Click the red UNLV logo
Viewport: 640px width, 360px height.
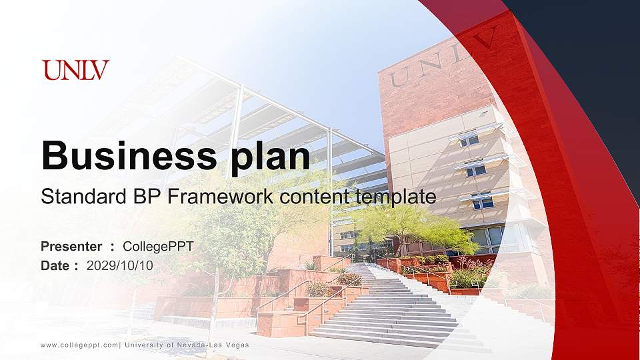pyautogui.click(x=75, y=70)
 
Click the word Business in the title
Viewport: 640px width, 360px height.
pyautogui.click(x=125, y=156)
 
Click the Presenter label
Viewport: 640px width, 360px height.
pyautogui.click(x=71, y=247)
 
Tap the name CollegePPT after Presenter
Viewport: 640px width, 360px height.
pyautogui.click(x=159, y=247)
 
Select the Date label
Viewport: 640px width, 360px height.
pyautogui.click(x=55, y=265)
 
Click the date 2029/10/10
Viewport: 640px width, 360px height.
pyautogui.click(x=120, y=265)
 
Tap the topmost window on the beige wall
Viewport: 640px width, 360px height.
pyautogui.click(x=469, y=139)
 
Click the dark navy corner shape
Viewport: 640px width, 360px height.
pyautogui.click(x=593, y=60)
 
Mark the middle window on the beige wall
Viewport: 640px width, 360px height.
pyautogui.click(x=475, y=170)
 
